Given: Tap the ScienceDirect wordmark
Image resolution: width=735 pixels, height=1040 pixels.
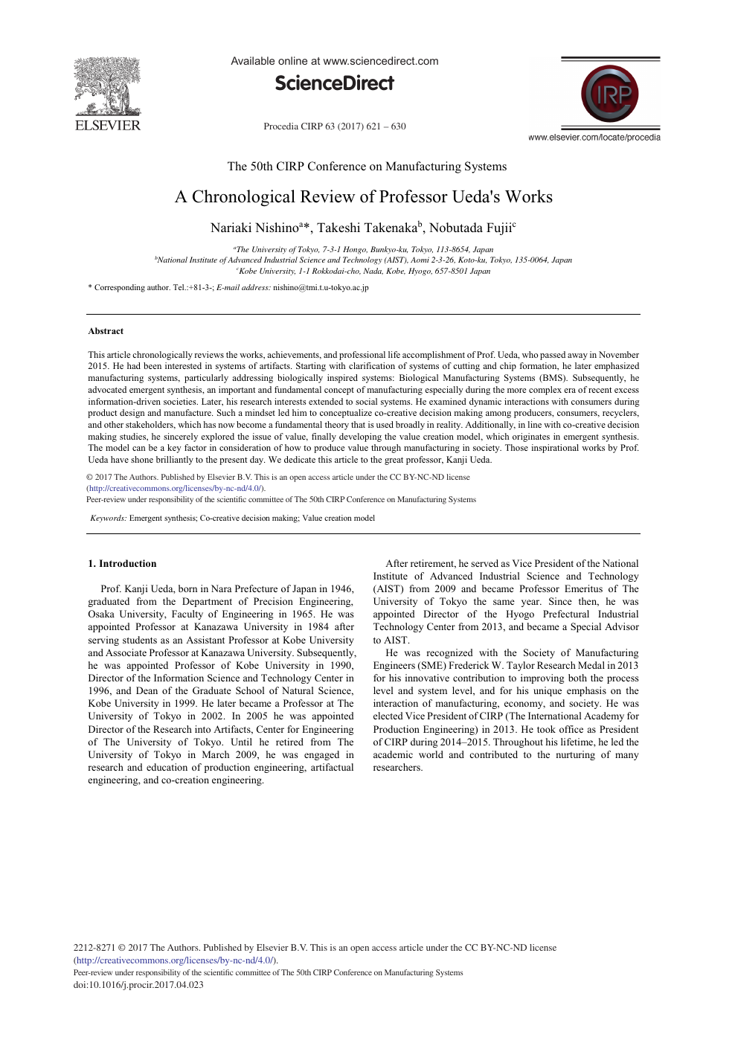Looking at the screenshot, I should (334, 83).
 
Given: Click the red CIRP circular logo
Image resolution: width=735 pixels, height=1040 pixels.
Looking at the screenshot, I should (610, 94).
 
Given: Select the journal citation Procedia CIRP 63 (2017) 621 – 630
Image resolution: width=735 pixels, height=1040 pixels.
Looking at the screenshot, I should (335, 126).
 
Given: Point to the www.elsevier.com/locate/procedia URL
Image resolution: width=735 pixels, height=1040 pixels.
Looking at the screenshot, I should (594, 138).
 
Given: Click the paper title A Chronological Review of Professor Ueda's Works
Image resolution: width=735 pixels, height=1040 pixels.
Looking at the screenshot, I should (364, 197).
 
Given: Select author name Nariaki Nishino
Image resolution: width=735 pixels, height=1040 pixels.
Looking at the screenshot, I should (254, 228).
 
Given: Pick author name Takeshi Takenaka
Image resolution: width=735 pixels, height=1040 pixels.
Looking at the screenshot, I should (367, 228).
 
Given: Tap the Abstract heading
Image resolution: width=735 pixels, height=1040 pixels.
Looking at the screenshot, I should (106, 332).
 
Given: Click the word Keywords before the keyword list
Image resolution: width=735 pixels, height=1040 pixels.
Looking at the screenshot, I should (108, 519).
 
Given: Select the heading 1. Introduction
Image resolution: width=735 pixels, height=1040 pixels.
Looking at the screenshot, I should (122, 564).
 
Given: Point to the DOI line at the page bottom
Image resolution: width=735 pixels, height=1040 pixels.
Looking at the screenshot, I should (138, 985).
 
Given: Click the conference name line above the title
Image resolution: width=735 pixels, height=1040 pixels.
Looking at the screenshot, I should (367, 167).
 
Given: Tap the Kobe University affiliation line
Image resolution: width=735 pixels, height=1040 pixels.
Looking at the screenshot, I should (364, 271).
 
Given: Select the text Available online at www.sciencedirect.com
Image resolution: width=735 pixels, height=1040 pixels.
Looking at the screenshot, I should (334, 61).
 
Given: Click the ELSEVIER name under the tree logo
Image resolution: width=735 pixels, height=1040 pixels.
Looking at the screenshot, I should (108, 126).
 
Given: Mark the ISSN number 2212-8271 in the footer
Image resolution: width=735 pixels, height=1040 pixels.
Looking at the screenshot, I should (94, 948).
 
